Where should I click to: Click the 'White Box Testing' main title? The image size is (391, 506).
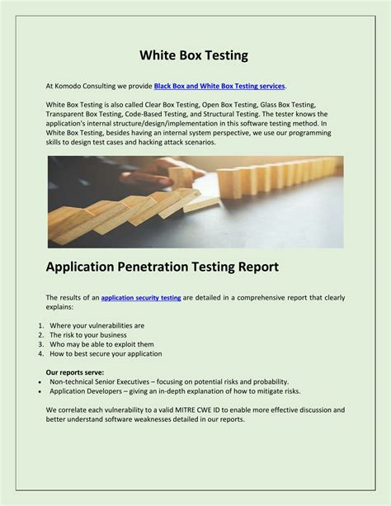pyautogui.click(x=195, y=55)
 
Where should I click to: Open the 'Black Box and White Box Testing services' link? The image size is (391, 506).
pyautogui.click(x=219, y=86)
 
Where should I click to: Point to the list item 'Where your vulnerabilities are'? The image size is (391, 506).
pyautogui.click(x=97, y=325)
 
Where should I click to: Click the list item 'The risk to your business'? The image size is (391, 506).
pyautogui.click(x=87, y=335)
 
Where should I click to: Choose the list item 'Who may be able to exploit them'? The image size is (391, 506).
pyautogui.click(x=102, y=344)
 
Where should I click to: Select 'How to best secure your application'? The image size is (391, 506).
pyautogui.click(x=106, y=353)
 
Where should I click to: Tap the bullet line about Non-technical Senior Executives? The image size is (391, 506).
pyautogui.click(x=169, y=381)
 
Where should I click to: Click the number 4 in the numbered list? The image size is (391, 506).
pyautogui.click(x=40, y=353)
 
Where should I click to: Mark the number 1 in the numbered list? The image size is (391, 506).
pyautogui.click(x=40, y=325)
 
